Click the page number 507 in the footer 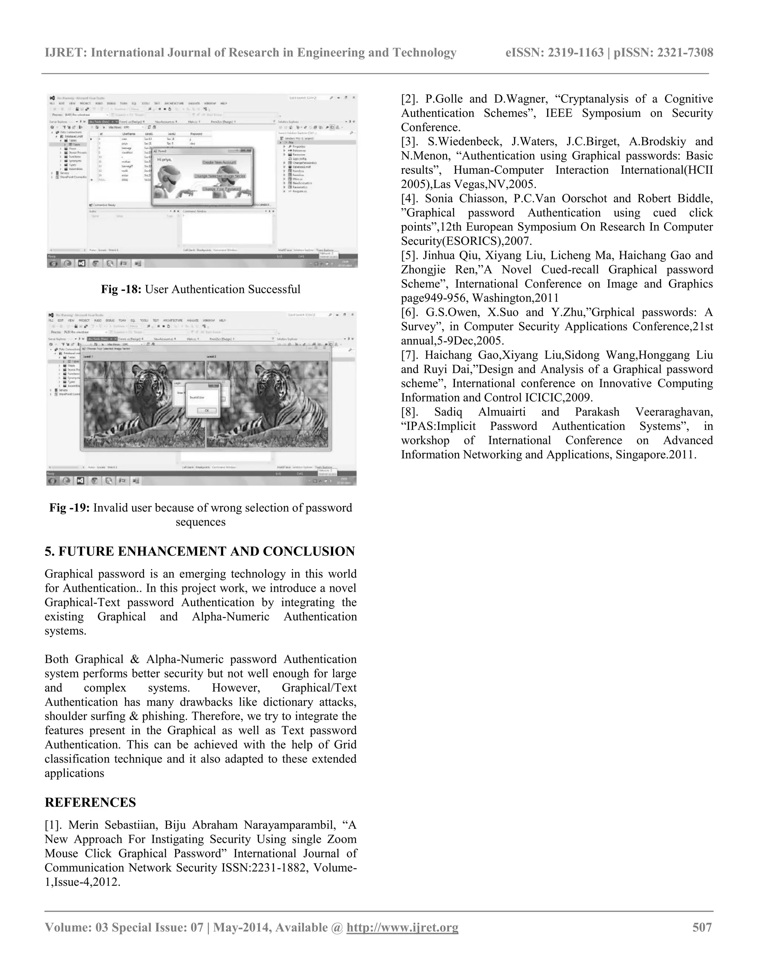pos(702,927)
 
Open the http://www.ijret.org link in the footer pos(402,927)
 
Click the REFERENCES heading pos(90,802)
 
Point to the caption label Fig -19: pos(70,508)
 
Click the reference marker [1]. pos(53,825)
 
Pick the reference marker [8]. pos(410,412)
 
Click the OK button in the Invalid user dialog pos(207,410)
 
